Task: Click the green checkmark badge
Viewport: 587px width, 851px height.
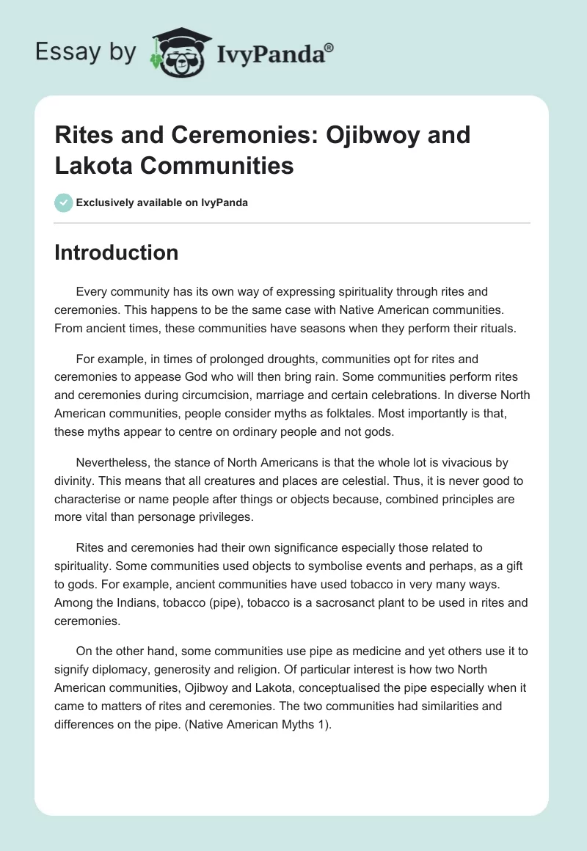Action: [64, 202]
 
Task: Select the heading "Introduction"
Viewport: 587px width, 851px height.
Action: [117, 252]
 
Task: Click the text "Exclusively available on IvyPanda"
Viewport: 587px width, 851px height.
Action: [162, 202]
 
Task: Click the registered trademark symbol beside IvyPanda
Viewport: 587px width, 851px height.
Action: [329, 47]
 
